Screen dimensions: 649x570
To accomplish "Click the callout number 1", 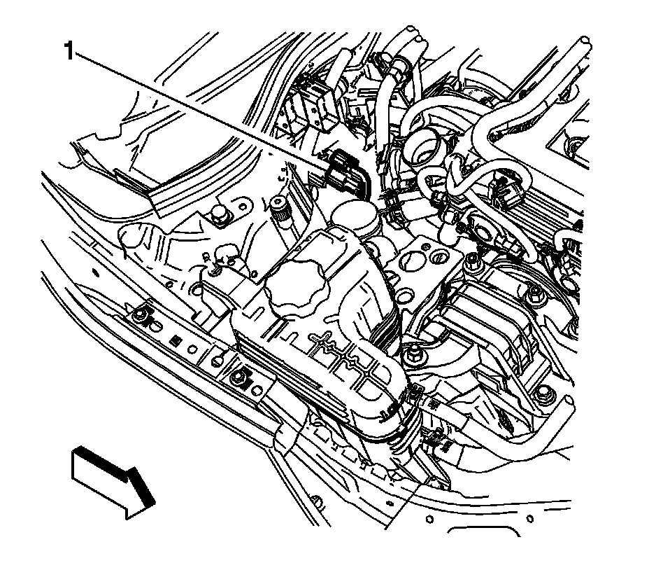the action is [69, 51].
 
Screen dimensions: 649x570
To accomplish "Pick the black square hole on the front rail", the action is [176, 341].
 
